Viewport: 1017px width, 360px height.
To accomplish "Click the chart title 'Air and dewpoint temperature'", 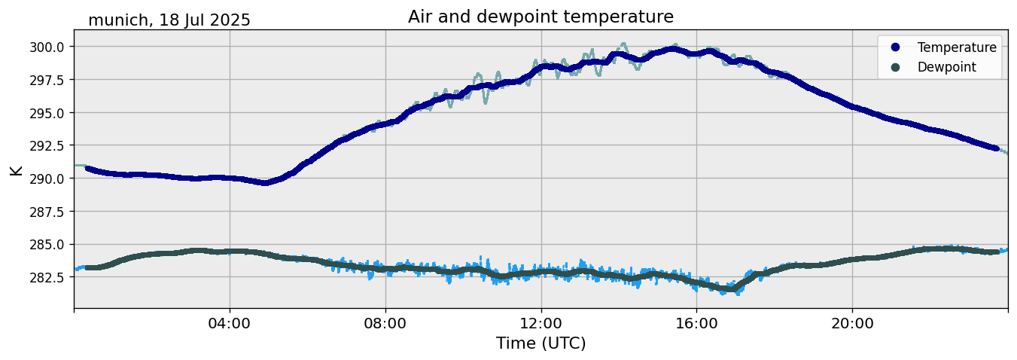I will (x=540, y=17).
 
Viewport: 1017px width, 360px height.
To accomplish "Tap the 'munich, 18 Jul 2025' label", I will (x=169, y=20).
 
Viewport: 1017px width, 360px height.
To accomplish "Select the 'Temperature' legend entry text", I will (x=957, y=47).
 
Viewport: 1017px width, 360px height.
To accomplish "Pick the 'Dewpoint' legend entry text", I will (x=946, y=67).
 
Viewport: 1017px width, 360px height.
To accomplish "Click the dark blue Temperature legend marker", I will (x=895, y=47).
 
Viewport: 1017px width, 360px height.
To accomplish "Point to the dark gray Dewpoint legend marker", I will (x=895, y=67).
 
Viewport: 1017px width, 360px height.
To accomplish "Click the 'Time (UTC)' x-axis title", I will (x=540, y=343).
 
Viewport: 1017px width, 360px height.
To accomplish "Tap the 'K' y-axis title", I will (x=17, y=169).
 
